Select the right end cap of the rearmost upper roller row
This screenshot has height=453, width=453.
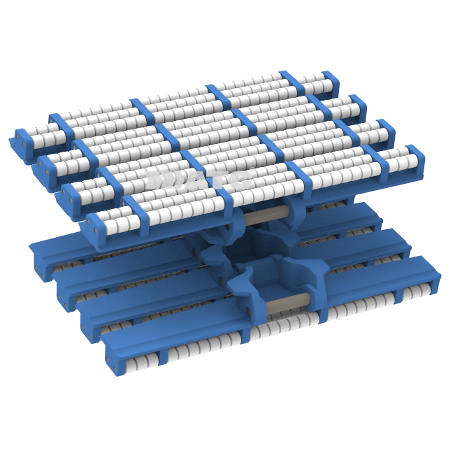pyautogui.click(x=357, y=108)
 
